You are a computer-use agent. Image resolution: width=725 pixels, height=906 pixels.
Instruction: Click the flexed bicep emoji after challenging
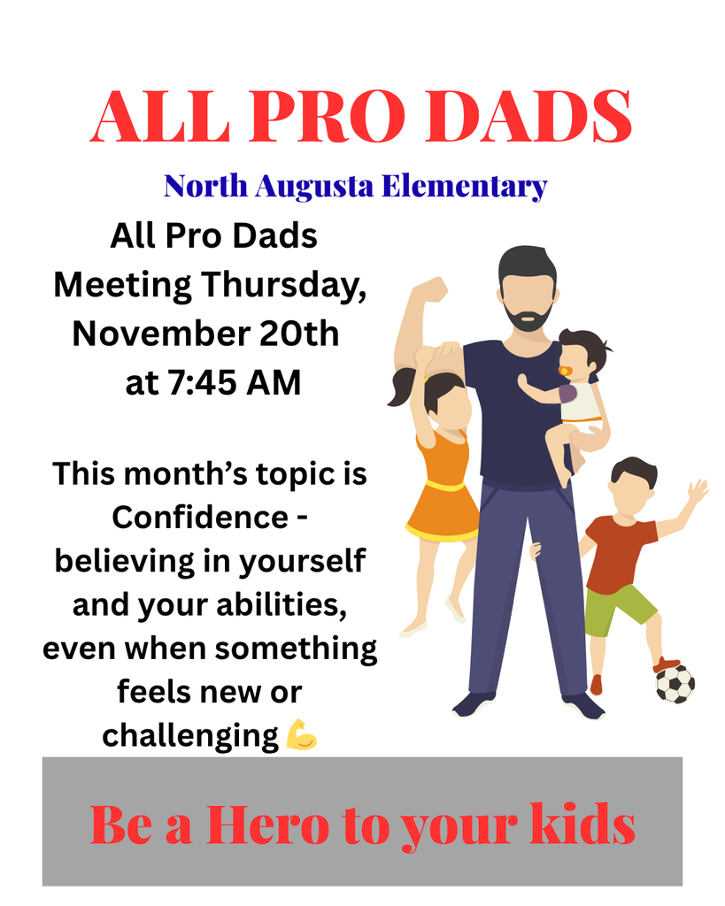pyautogui.click(x=302, y=734)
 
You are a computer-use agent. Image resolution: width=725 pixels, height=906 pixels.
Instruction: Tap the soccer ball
pyautogui.click(x=675, y=683)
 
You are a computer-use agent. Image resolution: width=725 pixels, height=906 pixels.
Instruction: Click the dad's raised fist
pyautogui.click(x=430, y=289)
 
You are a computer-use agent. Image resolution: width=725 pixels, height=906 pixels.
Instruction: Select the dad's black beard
pyautogui.click(x=528, y=317)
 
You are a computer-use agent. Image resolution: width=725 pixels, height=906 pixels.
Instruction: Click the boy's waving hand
pyautogui.click(x=698, y=490)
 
